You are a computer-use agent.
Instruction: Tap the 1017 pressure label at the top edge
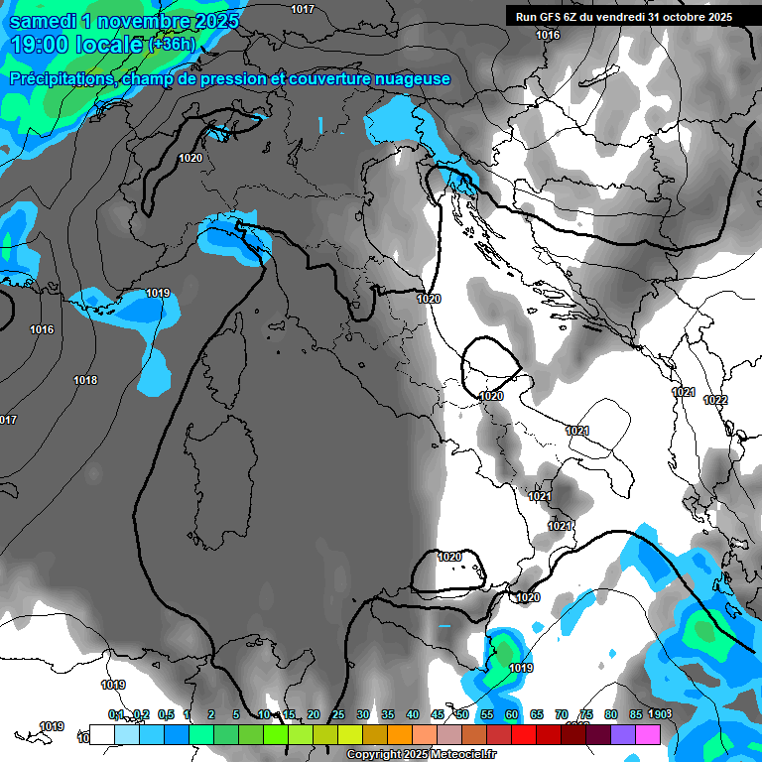(x=303, y=9)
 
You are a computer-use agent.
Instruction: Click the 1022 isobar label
(x=715, y=400)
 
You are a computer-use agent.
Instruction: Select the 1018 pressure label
(x=85, y=381)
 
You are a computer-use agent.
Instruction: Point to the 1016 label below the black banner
(x=548, y=36)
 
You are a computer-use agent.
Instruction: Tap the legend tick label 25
(x=338, y=714)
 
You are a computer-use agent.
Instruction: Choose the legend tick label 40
(x=413, y=714)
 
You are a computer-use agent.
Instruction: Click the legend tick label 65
(x=537, y=714)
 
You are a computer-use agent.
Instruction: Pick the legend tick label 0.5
(x=165, y=714)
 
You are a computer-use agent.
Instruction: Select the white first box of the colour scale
(x=101, y=734)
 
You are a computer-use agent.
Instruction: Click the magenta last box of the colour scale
(x=648, y=734)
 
